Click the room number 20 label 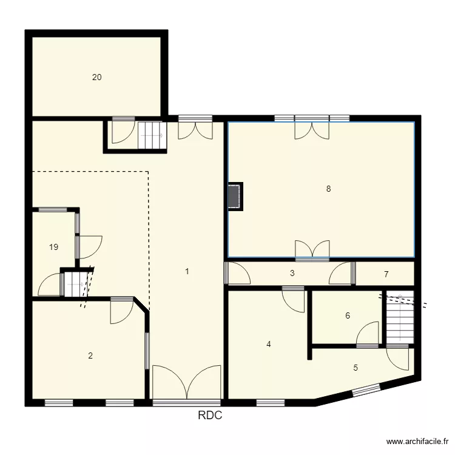(97, 77)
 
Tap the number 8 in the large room (328, 189)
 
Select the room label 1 (187, 272)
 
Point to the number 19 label (54, 247)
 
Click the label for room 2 (90, 356)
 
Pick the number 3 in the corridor (292, 274)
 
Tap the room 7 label (386, 274)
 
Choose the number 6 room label (348, 315)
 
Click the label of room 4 (269, 345)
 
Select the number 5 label (356, 368)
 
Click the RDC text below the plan (210, 416)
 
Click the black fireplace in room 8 (235, 196)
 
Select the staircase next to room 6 (400, 318)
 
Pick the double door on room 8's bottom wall (312, 250)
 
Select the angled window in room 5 (366, 391)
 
